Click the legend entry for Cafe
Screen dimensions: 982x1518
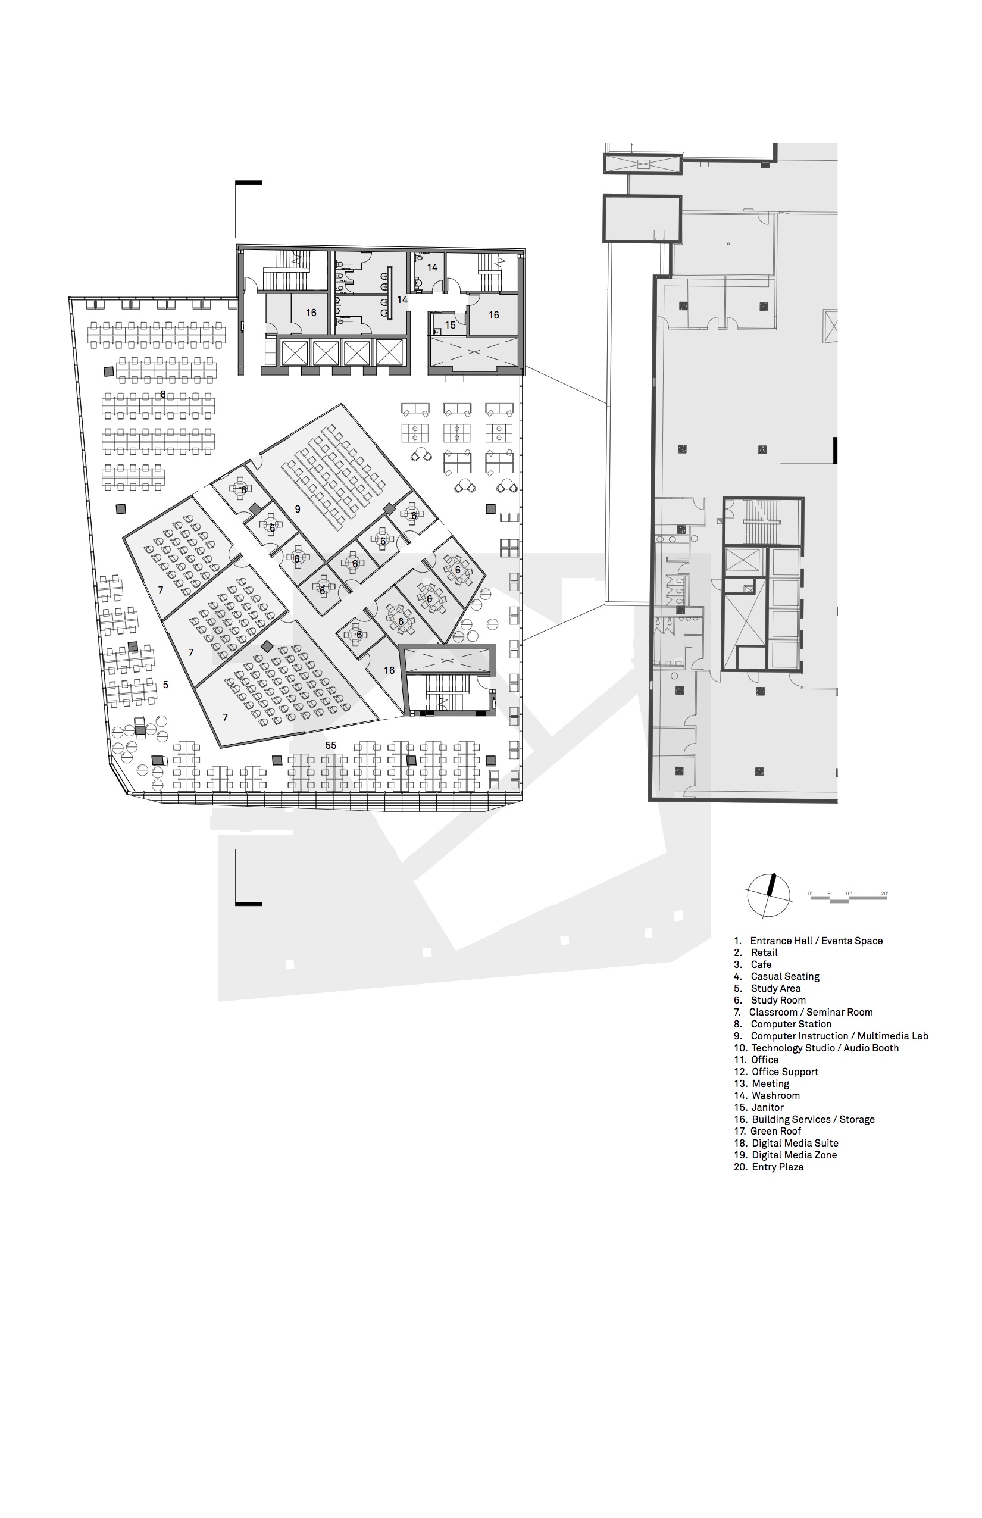(752, 964)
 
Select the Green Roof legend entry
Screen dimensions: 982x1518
(767, 1131)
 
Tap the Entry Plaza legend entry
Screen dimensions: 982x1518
(768, 1167)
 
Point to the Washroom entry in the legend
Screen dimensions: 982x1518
(767, 1095)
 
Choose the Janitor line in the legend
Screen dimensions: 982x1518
(758, 1107)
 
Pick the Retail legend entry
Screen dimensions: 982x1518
(756, 952)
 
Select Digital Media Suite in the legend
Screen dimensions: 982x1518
(786, 1143)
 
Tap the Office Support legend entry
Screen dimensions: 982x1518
(776, 1072)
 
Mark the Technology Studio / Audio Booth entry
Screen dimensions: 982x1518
(816, 1047)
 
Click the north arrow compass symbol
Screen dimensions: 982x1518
(768, 895)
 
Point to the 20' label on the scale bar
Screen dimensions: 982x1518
(884, 894)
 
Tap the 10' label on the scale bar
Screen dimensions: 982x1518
(848, 894)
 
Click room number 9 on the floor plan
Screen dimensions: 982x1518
(297, 509)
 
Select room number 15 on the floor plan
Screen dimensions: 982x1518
(450, 325)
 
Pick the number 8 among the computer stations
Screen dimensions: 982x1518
(163, 394)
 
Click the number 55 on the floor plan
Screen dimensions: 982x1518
(330, 745)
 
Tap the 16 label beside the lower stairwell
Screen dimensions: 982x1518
(389, 670)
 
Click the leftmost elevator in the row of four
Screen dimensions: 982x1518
(295, 352)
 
